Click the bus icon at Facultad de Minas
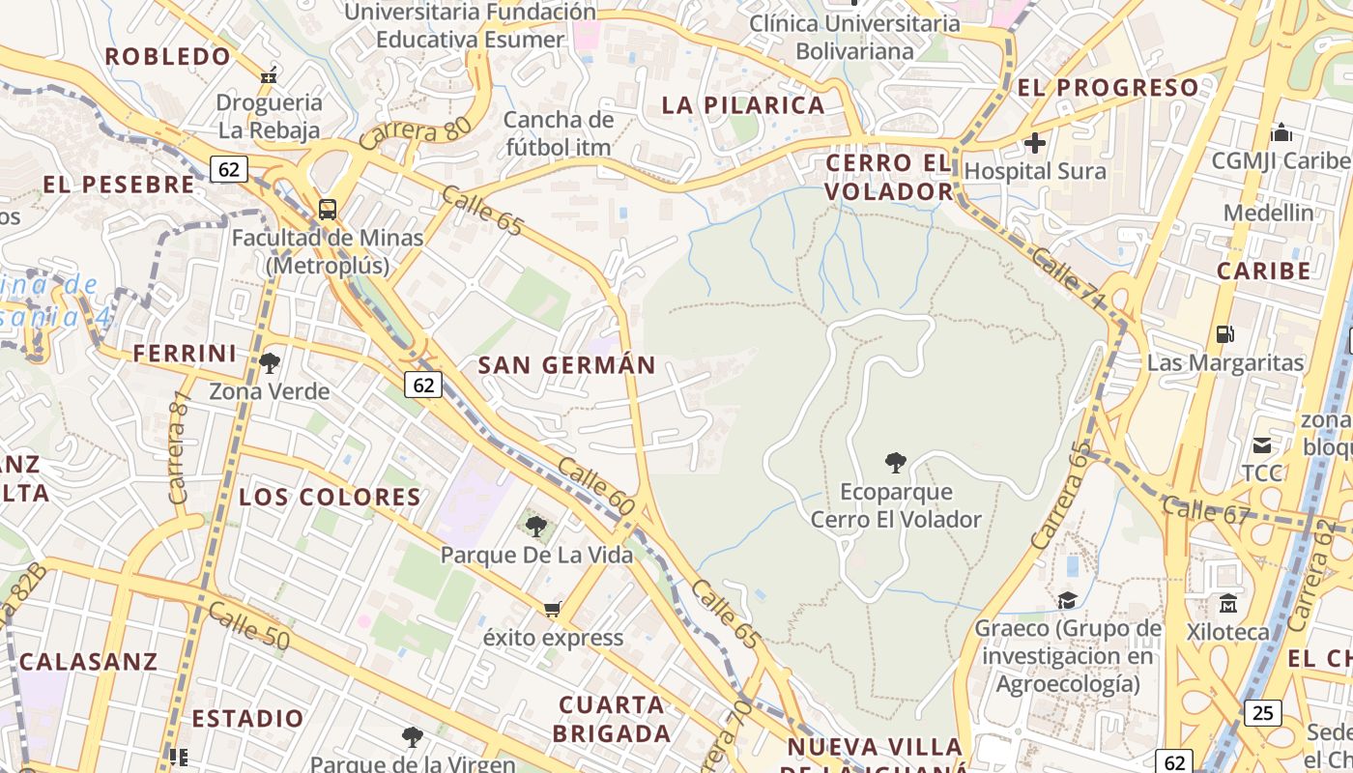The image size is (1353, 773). [328, 209]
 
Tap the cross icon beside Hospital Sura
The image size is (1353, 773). [1035, 143]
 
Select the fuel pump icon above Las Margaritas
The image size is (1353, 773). [1224, 334]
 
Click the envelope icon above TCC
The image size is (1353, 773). [1262, 445]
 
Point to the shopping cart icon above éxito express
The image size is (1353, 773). [552, 609]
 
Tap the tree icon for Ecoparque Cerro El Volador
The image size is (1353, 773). [896, 463]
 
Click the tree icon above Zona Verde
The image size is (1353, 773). [270, 363]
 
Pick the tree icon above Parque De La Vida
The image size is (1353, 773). [536, 527]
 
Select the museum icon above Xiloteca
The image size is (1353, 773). [1228, 603]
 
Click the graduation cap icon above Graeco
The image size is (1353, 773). [1067, 600]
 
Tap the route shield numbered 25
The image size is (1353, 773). [1262, 713]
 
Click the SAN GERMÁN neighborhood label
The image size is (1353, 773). [567, 365]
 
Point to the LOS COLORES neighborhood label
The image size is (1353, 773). [330, 498]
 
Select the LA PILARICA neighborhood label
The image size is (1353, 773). [743, 105]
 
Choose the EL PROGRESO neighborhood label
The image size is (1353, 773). [1108, 87]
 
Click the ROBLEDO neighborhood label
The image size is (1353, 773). [168, 56]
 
